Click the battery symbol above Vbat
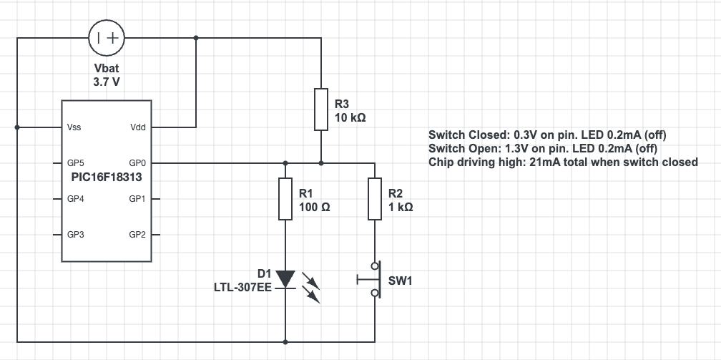point(107,38)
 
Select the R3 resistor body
point(321,110)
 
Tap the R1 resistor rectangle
point(285,198)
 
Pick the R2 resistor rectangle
point(374,198)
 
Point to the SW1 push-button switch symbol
point(371,280)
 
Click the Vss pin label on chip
point(74,127)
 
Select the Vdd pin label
point(138,127)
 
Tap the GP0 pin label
point(138,163)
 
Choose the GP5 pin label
point(76,163)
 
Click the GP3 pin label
point(76,234)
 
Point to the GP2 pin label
point(138,234)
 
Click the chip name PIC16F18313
point(107,175)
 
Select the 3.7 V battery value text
point(107,82)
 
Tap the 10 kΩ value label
point(350,117)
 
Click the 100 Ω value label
point(314,206)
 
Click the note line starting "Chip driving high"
point(563,162)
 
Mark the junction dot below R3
point(321,163)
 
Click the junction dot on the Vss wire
point(17,127)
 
